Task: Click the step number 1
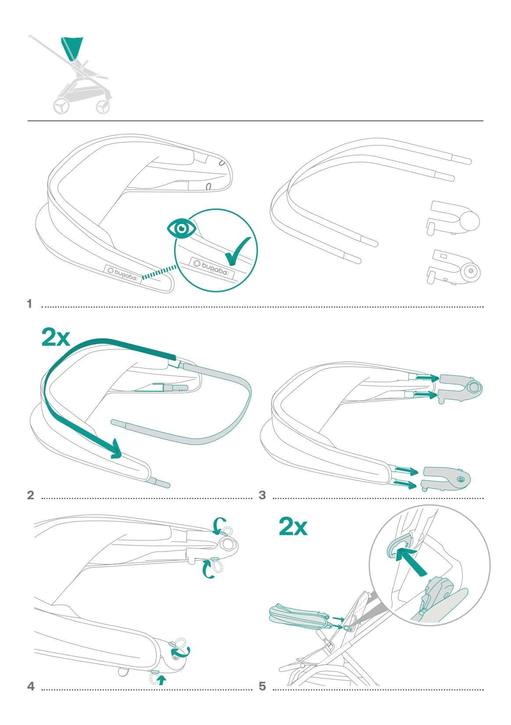pyautogui.click(x=29, y=304)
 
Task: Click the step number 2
pyautogui.click(x=30, y=495)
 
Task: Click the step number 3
pyautogui.click(x=262, y=495)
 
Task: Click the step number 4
pyautogui.click(x=31, y=686)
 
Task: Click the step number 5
pyautogui.click(x=262, y=686)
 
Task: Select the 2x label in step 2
pyautogui.click(x=56, y=338)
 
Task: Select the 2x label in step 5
pyautogui.click(x=293, y=527)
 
